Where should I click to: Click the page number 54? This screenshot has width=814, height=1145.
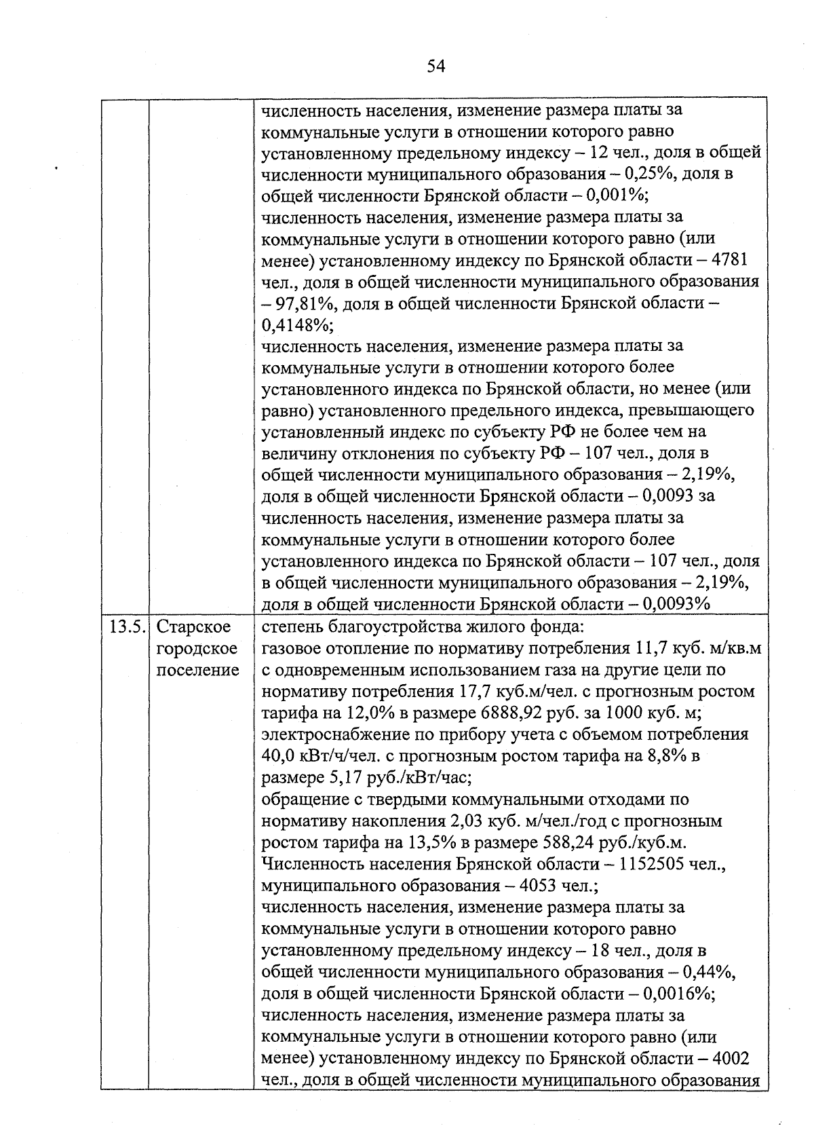click(435, 66)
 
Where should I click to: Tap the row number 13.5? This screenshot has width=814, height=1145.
click(125, 626)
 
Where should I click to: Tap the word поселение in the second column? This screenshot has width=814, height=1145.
click(197, 671)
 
